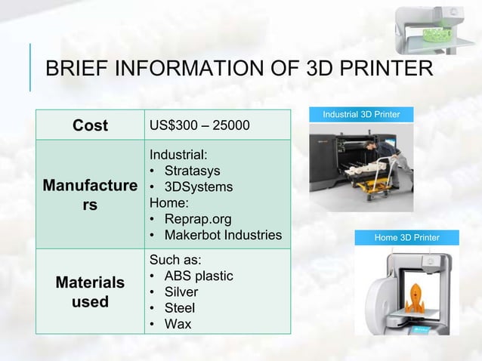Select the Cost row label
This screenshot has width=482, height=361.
coord(90,125)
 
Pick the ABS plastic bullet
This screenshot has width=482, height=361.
coord(198,276)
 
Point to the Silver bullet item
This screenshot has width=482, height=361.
coord(181,292)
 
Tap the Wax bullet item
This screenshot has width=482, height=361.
coord(178,324)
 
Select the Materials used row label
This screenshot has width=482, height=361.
coord(90,292)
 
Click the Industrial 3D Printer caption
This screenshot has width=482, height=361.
coord(361,115)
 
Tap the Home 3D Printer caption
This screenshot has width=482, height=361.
coord(406,238)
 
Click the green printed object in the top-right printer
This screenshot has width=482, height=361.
coord(437,35)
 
